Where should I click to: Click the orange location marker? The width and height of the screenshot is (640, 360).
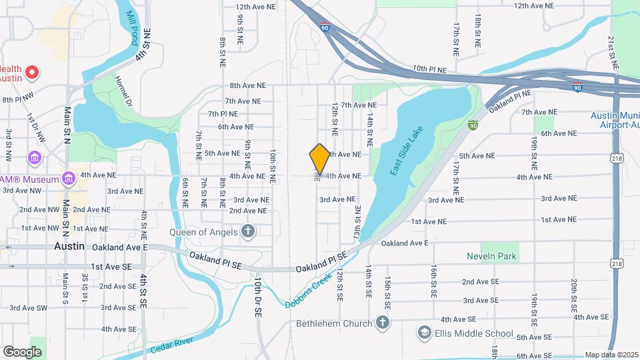[320, 159]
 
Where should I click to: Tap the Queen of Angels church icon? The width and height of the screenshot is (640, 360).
[248, 231]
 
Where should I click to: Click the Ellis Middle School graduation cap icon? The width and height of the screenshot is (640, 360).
[424, 333]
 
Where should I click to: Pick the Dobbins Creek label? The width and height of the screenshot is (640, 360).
[309, 292]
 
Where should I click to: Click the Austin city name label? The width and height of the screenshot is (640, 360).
[69, 246]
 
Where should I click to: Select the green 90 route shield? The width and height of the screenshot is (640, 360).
[473, 125]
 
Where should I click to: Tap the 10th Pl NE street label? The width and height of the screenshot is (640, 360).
[428, 69]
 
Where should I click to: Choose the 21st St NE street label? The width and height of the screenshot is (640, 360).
[611, 53]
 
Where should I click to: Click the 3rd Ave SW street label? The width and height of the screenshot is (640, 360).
[28, 308]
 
